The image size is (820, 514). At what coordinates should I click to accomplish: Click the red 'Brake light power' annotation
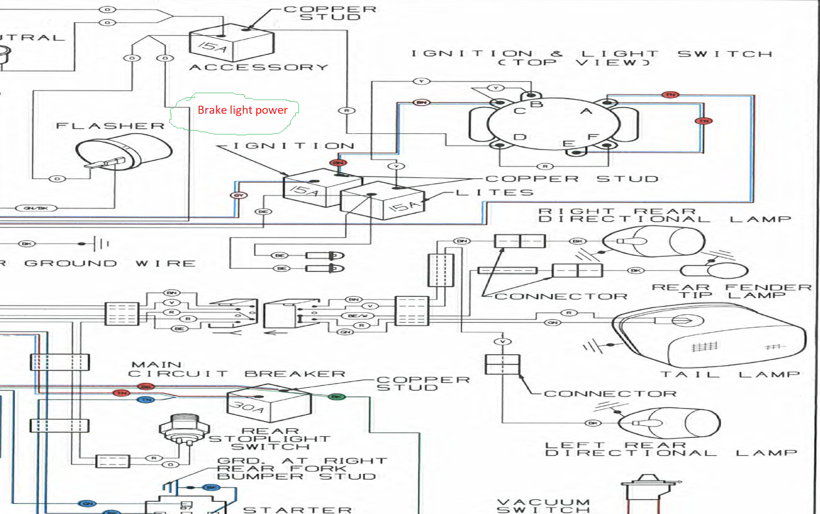point(242,110)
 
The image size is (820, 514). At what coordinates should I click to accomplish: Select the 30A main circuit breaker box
point(269,403)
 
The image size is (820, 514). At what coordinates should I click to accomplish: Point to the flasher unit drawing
point(123,154)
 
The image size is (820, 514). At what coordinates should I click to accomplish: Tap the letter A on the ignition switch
point(586,111)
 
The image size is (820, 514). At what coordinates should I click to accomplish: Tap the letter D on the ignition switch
point(520,137)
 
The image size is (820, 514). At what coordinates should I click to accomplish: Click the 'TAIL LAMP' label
point(730,375)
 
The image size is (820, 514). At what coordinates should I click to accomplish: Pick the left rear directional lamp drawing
point(668,424)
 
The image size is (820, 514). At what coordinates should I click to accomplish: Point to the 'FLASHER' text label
point(110,126)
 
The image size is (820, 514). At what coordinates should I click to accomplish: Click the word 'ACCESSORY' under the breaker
point(259,67)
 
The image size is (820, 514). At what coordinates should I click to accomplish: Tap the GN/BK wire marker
point(36,208)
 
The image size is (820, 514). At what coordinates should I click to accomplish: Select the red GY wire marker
point(239,195)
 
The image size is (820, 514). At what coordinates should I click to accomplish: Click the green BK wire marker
point(337,397)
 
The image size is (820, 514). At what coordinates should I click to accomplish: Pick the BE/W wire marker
point(358,316)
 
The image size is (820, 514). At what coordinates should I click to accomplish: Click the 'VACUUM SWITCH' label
point(543,506)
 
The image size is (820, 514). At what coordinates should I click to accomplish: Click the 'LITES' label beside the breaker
point(494,193)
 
